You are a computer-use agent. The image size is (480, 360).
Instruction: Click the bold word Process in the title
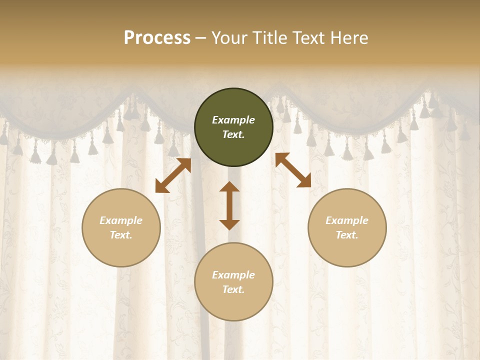(157, 37)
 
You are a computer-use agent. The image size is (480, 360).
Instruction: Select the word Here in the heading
(349, 37)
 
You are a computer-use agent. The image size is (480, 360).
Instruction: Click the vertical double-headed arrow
(229, 205)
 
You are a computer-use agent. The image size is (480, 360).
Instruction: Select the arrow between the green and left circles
(173, 175)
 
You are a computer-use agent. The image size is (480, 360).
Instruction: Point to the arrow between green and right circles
(293, 170)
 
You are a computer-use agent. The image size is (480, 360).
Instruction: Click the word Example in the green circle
(233, 120)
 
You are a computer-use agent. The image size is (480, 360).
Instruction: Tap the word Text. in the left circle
(121, 235)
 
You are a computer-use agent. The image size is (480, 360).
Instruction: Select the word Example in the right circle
(347, 220)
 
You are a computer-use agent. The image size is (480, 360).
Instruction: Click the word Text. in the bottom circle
(233, 289)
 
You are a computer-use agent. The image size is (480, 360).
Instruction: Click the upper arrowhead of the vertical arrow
(229, 187)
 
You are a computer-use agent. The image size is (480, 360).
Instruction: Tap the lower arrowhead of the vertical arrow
(229, 224)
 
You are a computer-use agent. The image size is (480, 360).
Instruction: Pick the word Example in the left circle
(121, 220)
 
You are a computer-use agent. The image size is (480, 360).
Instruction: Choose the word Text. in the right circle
(347, 235)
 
